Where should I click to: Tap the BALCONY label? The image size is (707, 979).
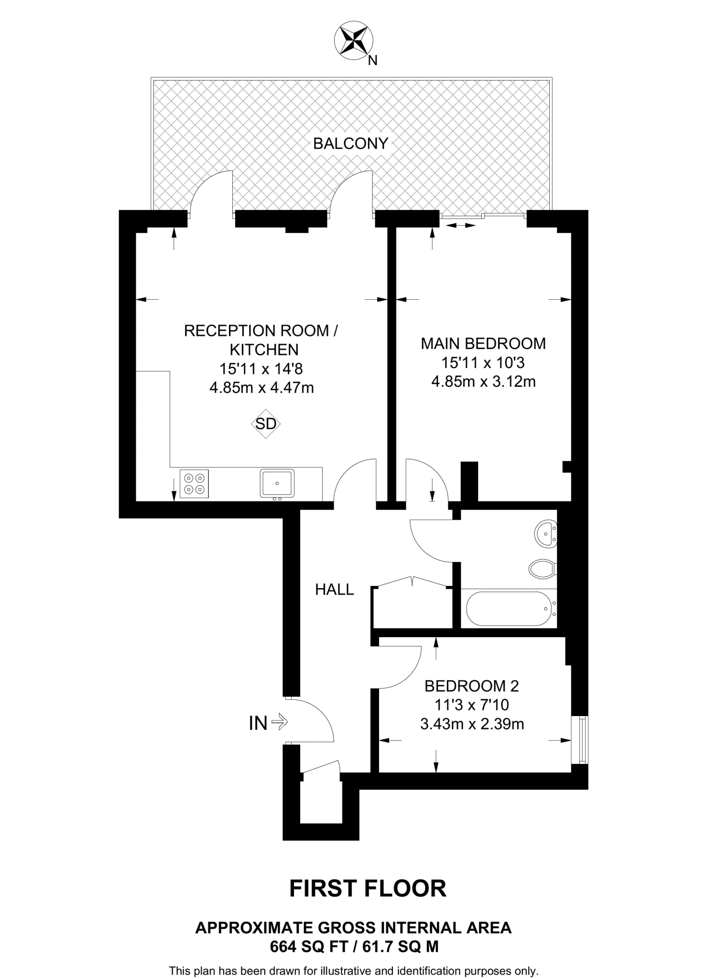[x=350, y=143]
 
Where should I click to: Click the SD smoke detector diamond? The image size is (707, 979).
[x=266, y=424]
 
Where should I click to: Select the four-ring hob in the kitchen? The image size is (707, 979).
[x=194, y=483]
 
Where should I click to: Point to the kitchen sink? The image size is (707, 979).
[x=277, y=483]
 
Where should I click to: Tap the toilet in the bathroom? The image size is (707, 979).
[x=542, y=568]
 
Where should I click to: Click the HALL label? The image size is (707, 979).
[x=335, y=590]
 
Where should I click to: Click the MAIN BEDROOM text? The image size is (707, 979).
[x=483, y=343]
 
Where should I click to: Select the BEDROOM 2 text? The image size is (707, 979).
[x=472, y=686]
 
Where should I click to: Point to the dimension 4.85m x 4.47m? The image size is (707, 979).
[x=261, y=388]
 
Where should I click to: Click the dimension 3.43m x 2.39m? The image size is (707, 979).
[x=472, y=724]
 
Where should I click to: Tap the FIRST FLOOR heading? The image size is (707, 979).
[x=368, y=888]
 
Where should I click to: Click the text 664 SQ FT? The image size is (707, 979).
[x=308, y=946]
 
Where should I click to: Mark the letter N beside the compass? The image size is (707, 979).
[x=373, y=61]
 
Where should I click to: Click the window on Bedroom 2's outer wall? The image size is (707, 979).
[x=582, y=740]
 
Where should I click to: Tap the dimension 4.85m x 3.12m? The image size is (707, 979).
[x=483, y=381]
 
